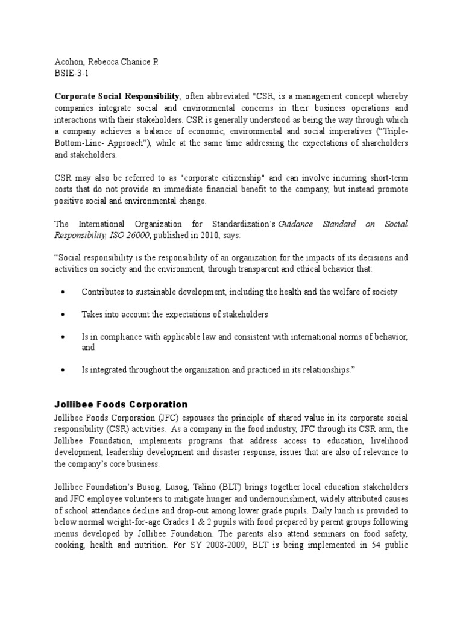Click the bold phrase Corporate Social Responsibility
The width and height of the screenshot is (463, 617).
pyautogui.click(x=118, y=96)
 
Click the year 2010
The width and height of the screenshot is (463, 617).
pyautogui.click(x=213, y=234)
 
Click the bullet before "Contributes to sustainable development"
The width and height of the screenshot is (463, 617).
pyautogui.click(x=64, y=292)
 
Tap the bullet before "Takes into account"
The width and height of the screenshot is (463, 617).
pyautogui.click(x=64, y=315)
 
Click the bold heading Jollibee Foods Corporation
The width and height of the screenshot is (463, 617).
pyautogui.click(x=121, y=404)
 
